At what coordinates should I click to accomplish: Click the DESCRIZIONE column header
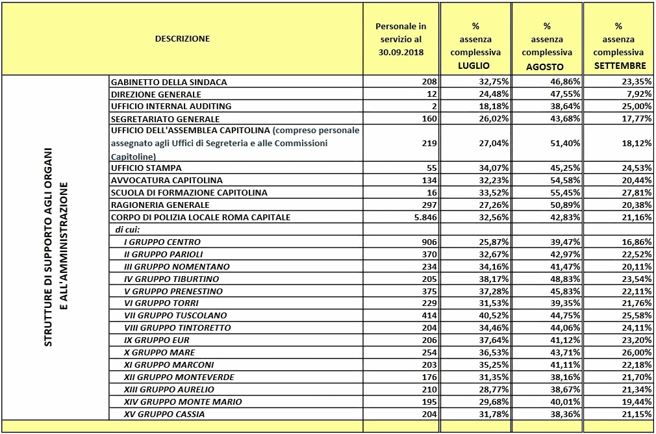tap(183, 38)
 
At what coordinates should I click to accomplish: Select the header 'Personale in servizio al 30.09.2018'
tap(401, 39)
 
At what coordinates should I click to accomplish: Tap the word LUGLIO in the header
tap(474, 66)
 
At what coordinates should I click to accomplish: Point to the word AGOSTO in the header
tap(546, 66)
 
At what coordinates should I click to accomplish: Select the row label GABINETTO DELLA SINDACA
tap(169, 83)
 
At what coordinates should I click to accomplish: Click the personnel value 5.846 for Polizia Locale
tap(426, 217)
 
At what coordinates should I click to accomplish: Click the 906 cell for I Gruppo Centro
tap(429, 242)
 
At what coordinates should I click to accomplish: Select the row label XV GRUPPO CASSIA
tap(164, 414)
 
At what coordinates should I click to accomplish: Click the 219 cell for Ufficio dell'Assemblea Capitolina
tap(429, 142)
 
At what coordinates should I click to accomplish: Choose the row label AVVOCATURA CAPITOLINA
tap(166, 180)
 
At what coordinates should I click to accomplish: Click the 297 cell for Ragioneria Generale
tap(429, 205)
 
